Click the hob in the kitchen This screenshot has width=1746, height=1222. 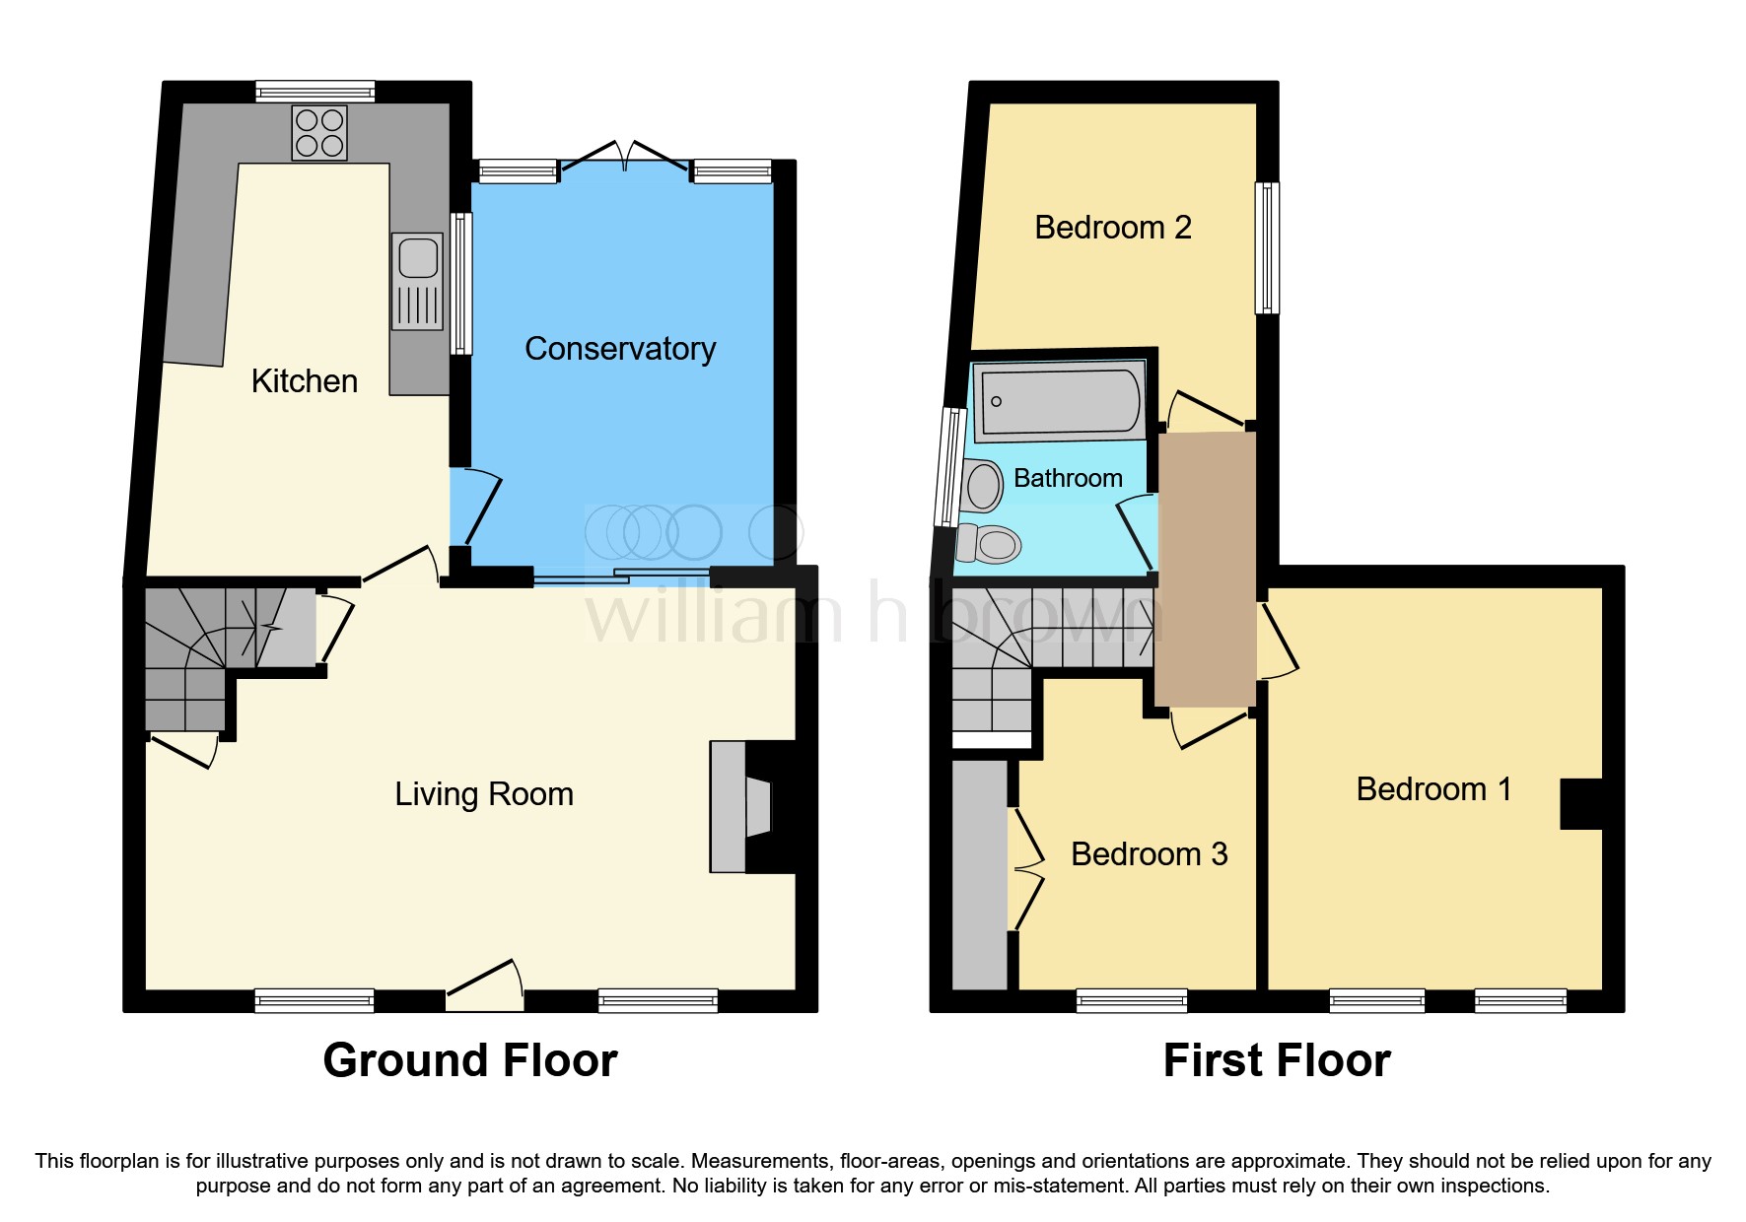[319, 133]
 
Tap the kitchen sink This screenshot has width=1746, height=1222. [418, 280]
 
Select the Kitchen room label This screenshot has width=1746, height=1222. [304, 381]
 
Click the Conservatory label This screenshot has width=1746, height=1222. [620, 349]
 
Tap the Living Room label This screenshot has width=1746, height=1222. [483, 794]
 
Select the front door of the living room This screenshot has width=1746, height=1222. [485, 985]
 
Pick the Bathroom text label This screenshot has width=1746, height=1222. [1068, 479]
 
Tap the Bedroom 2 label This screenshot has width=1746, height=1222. [1112, 228]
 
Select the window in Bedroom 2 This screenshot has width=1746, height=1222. [1267, 247]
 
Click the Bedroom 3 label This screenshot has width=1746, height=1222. [1149, 854]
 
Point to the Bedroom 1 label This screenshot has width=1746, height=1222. [1432, 789]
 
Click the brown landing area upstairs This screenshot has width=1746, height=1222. [1206, 569]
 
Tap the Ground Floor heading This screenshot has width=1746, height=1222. [470, 1061]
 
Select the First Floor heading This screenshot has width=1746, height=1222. [1276, 1061]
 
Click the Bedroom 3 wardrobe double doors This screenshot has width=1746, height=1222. [1025, 869]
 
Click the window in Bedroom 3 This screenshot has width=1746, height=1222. [1131, 1001]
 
